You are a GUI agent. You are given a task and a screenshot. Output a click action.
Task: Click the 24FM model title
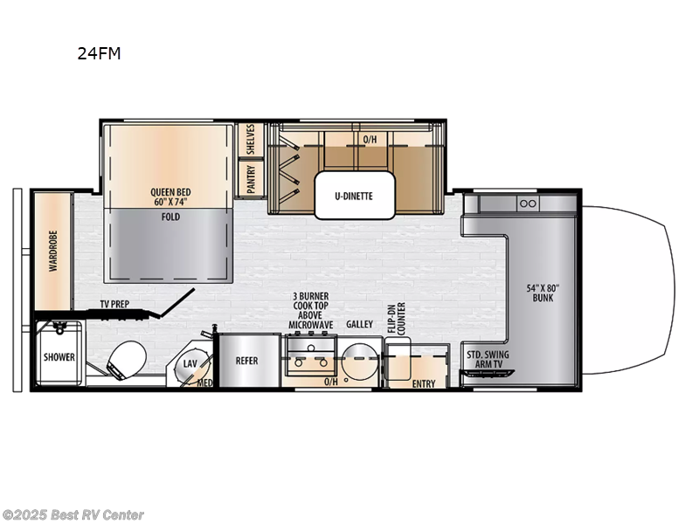click(100, 54)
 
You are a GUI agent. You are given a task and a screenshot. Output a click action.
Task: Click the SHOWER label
click(59, 357)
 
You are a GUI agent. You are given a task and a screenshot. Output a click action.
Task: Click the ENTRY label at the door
click(424, 383)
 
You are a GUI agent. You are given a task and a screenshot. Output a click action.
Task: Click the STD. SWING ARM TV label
click(488, 359)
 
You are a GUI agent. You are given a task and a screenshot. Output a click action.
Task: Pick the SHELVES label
click(251, 140)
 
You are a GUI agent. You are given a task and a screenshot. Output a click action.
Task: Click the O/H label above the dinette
click(370, 140)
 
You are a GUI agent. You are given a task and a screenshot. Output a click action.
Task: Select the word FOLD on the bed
click(170, 217)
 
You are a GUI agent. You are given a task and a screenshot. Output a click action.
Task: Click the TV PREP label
click(115, 305)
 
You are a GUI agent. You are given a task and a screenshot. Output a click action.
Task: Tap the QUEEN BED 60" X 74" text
click(170, 197)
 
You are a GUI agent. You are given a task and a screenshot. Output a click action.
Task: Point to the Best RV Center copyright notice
click(73, 514)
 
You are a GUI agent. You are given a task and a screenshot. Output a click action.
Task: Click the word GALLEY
click(358, 324)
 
